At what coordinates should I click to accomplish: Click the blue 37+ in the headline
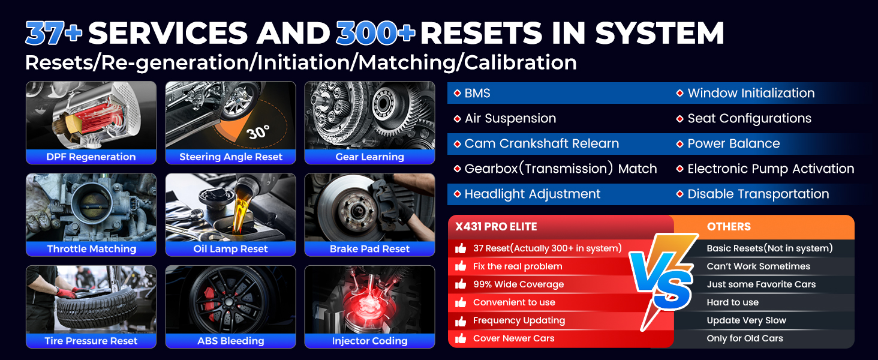[x=54, y=33]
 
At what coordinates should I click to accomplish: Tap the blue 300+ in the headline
[x=375, y=33]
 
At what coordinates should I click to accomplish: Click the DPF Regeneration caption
[x=91, y=157]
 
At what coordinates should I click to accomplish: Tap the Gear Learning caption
[x=369, y=157]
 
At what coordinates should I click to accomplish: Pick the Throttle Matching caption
[x=91, y=249]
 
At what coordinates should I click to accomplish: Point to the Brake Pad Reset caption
[x=369, y=249]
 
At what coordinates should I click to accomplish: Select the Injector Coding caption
[x=369, y=341]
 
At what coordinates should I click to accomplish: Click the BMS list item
[x=477, y=94]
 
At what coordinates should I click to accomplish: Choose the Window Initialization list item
[x=751, y=94]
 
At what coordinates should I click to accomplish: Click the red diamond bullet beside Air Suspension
[x=457, y=118]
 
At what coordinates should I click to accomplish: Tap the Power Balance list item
[x=733, y=143]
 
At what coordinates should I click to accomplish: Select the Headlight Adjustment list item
[x=533, y=194]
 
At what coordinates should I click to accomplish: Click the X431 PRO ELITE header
[x=496, y=227]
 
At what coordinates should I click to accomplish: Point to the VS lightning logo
[x=663, y=280]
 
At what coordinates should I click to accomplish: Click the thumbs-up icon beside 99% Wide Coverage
[x=461, y=284]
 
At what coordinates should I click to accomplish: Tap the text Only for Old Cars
[x=745, y=338]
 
